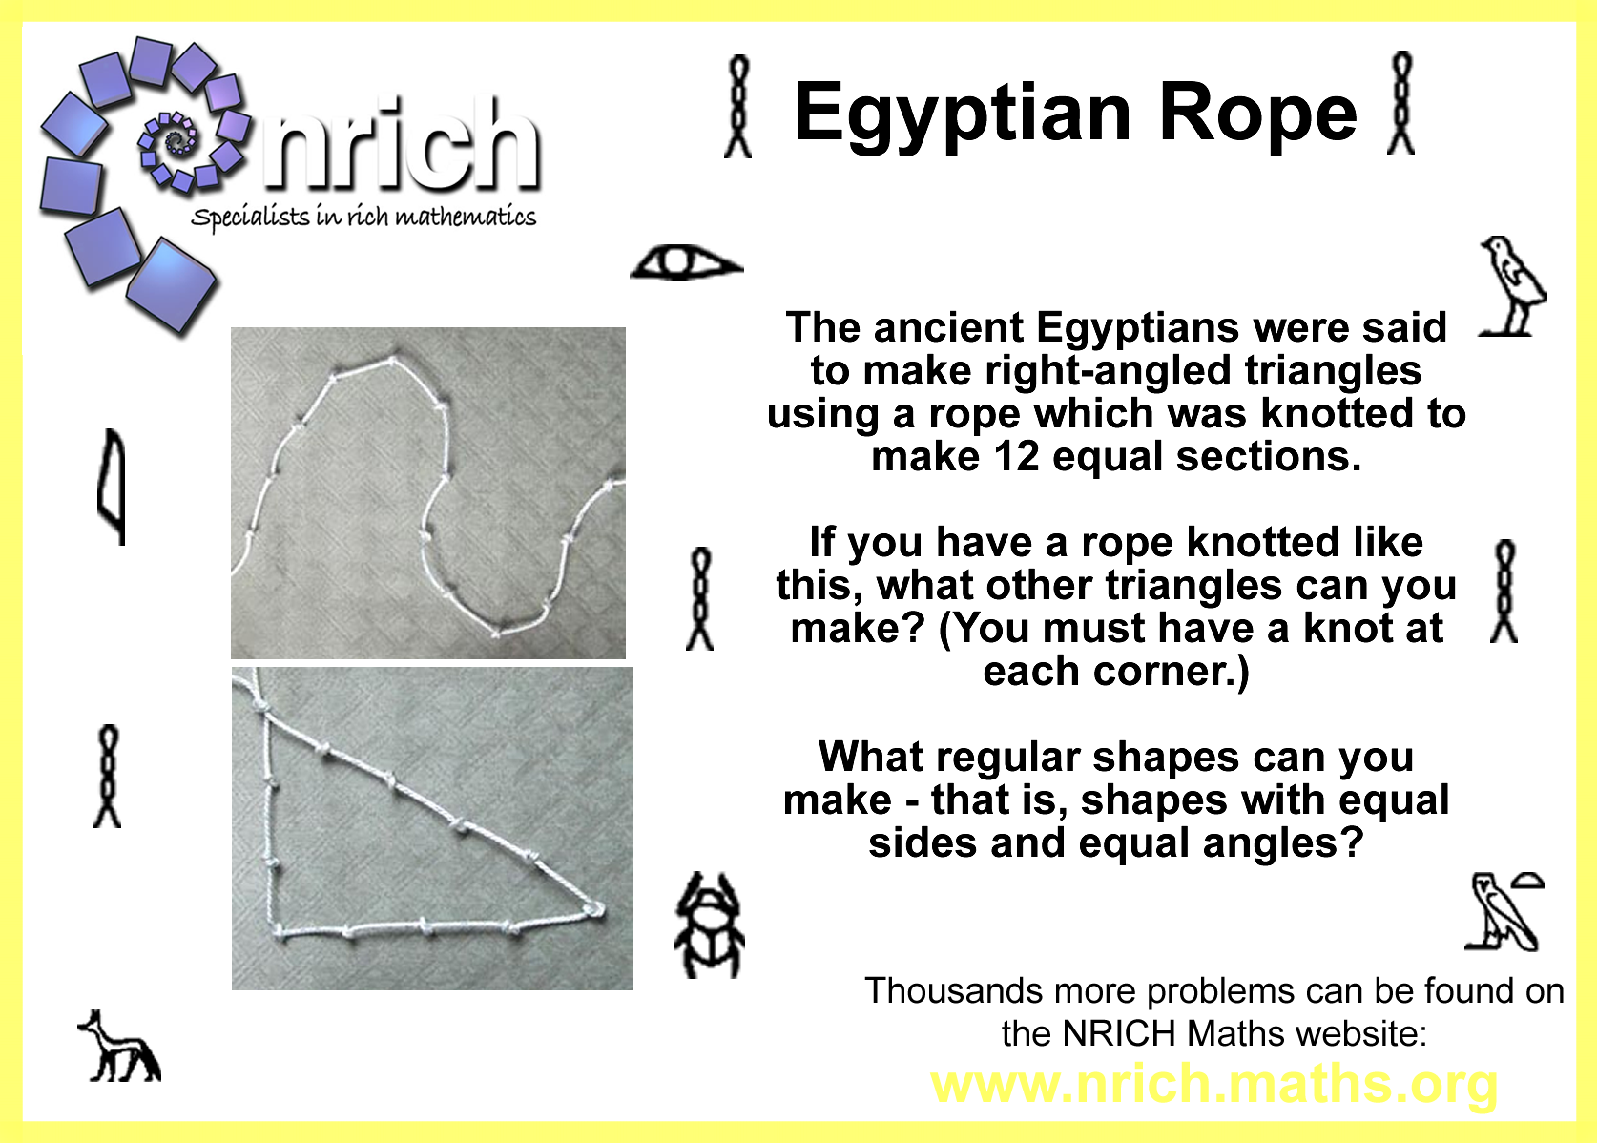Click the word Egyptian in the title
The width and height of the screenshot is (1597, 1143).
coord(963,114)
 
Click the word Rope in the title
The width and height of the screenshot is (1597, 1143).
coord(1258,114)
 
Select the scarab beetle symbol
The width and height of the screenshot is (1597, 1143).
coord(709,925)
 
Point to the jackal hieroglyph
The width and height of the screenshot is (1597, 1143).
coord(119,1046)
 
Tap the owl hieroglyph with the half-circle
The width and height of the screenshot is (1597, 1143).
coord(1503,912)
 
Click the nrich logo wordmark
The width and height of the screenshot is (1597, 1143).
coord(401,146)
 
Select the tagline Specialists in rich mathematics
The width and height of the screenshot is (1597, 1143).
coord(363,216)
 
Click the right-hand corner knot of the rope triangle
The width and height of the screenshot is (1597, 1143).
coord(593,909)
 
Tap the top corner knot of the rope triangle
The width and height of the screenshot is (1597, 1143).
coord(261,707)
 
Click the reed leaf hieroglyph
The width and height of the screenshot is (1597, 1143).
coord(112,487)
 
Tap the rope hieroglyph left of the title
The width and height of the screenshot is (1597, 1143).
coord(737,106)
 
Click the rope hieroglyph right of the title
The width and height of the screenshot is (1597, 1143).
coord(1400,103)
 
